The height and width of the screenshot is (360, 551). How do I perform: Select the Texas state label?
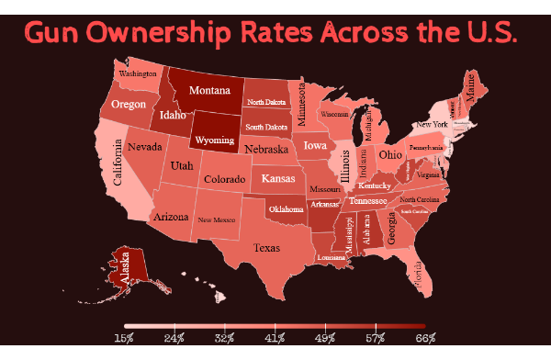click(x=267, y=248)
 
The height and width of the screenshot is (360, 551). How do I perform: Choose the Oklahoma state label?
click(x=286, y=209)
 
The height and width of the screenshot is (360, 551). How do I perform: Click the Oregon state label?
click(x=129, y=105)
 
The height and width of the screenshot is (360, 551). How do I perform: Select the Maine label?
click(x=472, y=91)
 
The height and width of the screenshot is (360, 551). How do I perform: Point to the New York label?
click(x=432, y=124)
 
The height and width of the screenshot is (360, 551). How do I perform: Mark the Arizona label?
click(x=171, y=218)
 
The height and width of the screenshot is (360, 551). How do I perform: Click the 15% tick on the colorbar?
click(x=125, y=338)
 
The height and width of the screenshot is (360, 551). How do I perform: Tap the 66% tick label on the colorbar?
click(x=425, y=338)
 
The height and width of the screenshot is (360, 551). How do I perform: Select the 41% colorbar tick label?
click(x=275, y=338)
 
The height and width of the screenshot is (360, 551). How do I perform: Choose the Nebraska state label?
click(x=267, y=149)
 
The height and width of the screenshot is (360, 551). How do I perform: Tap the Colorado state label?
click(x=223, y=180)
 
